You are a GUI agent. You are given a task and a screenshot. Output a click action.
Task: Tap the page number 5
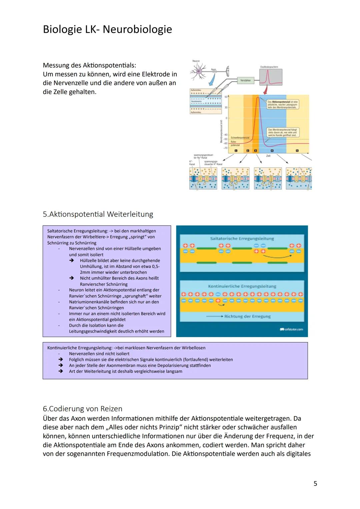315,483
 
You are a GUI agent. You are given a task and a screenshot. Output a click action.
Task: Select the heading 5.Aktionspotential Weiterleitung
98,214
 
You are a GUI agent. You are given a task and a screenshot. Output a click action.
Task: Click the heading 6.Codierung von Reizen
82,408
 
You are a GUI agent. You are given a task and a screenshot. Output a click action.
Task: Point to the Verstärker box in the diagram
245,80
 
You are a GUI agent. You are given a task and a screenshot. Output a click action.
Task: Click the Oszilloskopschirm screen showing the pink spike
271,77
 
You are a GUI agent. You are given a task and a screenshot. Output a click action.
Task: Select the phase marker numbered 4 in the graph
272,151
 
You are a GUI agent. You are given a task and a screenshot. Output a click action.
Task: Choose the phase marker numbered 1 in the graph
236,151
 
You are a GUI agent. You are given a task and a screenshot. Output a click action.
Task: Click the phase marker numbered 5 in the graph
297,151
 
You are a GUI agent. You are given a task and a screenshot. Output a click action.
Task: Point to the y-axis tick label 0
226,118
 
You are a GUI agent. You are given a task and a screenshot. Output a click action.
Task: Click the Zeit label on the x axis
268,156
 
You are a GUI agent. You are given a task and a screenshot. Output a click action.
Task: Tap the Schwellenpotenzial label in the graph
240,137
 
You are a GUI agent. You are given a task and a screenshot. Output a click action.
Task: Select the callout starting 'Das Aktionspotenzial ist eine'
283,104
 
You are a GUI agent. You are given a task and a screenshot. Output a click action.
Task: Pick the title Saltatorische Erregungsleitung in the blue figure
242,239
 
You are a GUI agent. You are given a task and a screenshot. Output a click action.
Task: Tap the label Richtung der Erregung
247,316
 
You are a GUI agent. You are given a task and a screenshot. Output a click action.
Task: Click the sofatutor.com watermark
292,329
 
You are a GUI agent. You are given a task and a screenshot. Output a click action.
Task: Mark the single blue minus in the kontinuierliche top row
218,294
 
